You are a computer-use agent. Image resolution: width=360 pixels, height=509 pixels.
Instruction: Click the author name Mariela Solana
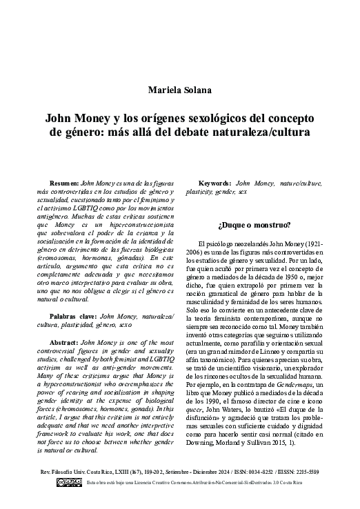(179, 90)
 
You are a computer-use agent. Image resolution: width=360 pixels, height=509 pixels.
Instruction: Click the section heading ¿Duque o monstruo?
(254, 225)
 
